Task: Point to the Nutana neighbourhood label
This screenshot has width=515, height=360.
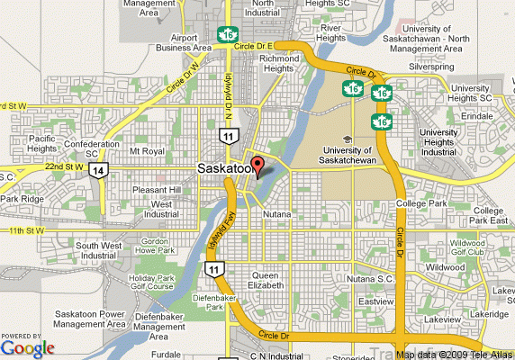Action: (x=277, y=215)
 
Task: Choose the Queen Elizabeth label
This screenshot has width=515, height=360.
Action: (x=271, y=280)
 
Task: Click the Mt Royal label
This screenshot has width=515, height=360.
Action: (x=147, y=151)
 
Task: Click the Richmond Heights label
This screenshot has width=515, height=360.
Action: (x=279, y=64)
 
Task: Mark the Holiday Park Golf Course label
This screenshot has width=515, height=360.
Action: (x=149, y=284)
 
